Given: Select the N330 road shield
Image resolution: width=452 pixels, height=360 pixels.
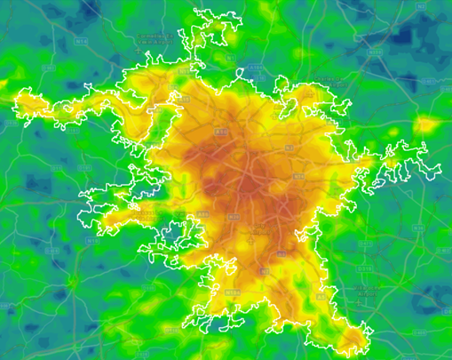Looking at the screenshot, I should [x=374, y=52].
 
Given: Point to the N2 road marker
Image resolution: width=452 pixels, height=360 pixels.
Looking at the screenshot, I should [x=288, y=147].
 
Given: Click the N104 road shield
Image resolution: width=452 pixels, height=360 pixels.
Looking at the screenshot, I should [x=233, y=292].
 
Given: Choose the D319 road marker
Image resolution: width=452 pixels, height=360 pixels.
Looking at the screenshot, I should [x=365, y=268].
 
